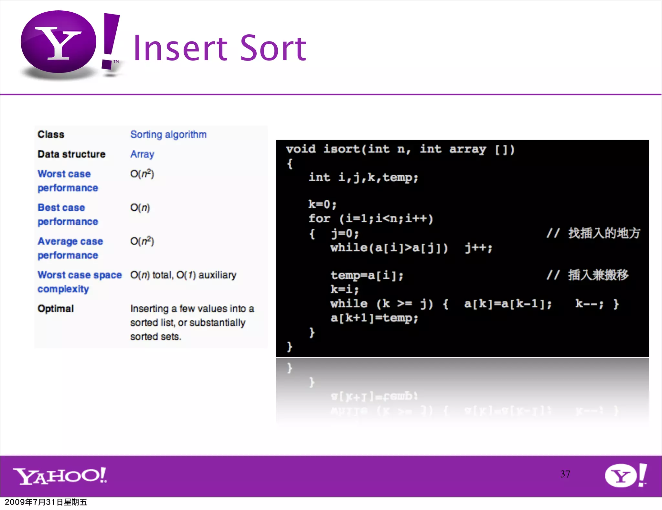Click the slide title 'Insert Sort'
(219, 49)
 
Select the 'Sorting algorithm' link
(168, 134)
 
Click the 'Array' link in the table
(142, 154)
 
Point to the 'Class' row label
(51, 134)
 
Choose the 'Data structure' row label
(71, 154)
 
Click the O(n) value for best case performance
(140, 207)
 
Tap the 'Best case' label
(61, 207)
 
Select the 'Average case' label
(70, 241)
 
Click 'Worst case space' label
(80, 275)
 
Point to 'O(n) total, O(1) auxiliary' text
(183, 275)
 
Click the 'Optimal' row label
(56, 308)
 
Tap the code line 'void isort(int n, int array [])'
(400, 149)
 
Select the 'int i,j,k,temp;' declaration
(363, 177)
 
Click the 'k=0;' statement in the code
(322, 204)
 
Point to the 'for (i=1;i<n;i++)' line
(370, 218)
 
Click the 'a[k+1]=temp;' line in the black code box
(374, 318)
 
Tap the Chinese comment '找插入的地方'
(604, 233)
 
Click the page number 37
(565, 474)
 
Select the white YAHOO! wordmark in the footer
(60, 476)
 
